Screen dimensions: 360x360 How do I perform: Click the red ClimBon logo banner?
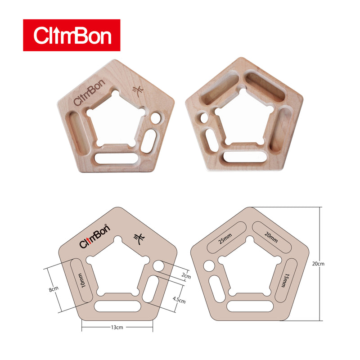(x=72, y=35)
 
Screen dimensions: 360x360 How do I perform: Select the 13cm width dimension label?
(x=117, y=328)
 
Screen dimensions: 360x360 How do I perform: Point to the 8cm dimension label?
(x=54, y=289)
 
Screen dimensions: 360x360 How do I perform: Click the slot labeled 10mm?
(x=82, y=281)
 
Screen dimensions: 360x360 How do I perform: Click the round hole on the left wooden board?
(x=156, y=119)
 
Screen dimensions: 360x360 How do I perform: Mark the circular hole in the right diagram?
(x=209, y=266)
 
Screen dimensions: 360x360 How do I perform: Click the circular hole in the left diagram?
(x=159, y=267)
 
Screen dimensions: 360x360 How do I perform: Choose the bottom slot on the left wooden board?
(x=117, y=159)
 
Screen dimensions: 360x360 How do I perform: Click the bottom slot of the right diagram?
(x=249, y=306)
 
